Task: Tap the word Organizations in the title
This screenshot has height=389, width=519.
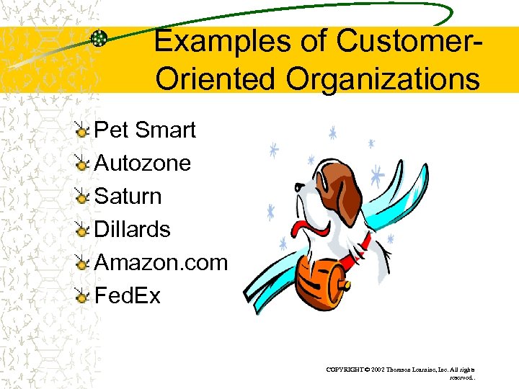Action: (x=382, y=79)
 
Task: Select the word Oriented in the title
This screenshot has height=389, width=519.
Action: (x=215, y=79)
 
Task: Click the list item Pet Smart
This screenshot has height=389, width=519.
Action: (x=145, y=130)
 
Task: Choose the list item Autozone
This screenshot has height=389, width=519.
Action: (x=143, y=164)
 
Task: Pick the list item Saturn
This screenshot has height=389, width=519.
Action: (x=128, y=197)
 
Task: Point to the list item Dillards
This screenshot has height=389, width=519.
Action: (x=133, y=230)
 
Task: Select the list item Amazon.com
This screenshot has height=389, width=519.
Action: (x=161, y=263)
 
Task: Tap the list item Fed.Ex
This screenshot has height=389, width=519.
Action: (x=128, y=296)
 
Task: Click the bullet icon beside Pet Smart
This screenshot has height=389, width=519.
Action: (x=84, y=131)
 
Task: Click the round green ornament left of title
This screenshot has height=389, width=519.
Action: (x=99, y=39)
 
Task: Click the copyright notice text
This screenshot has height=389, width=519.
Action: (x=400, y=372)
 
